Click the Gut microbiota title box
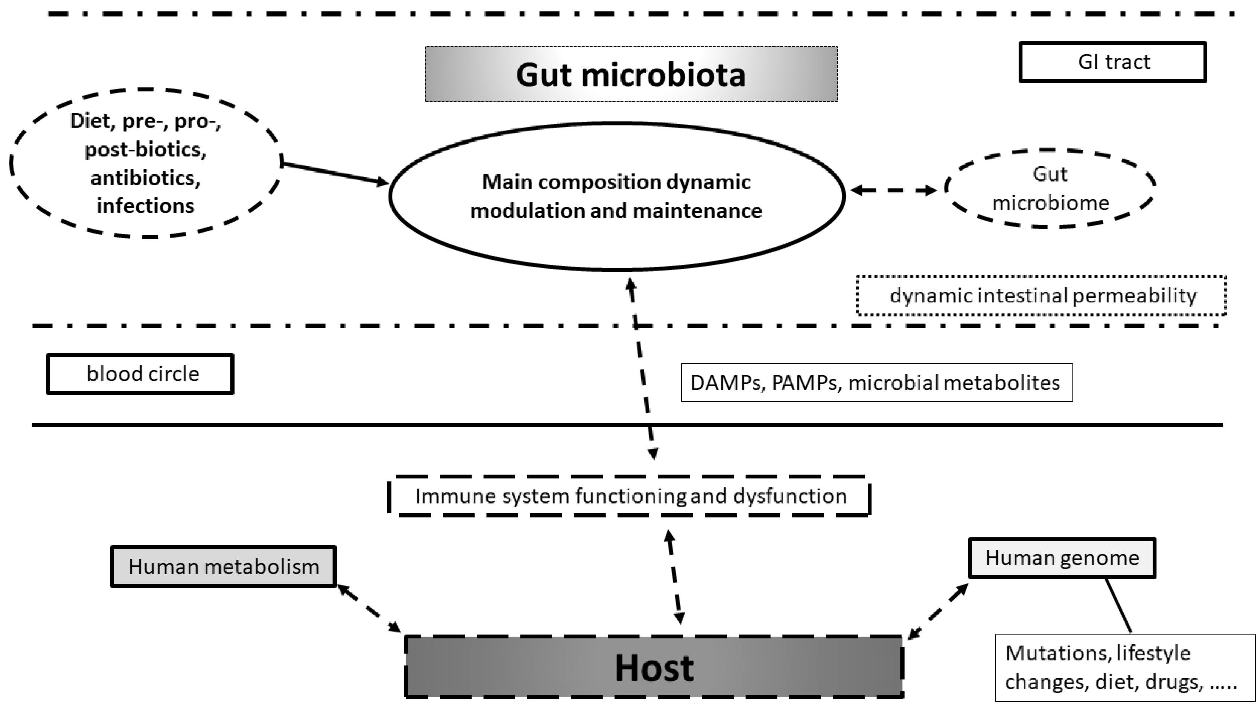coord(631,74)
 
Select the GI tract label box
coord(1113,62)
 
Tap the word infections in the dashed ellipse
coord(145,206)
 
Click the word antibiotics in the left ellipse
coord(145,178)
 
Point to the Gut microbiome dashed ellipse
coord(1050,188)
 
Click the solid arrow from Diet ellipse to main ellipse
coord(335,174)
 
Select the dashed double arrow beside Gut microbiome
coord(893,190)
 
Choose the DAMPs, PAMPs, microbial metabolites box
coord(876,383)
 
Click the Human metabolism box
coord(224,567)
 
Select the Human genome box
coord(1062,558)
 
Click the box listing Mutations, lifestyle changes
coord(1124,668)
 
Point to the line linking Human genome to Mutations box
coord(1119,606)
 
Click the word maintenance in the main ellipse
coord(698,211)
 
